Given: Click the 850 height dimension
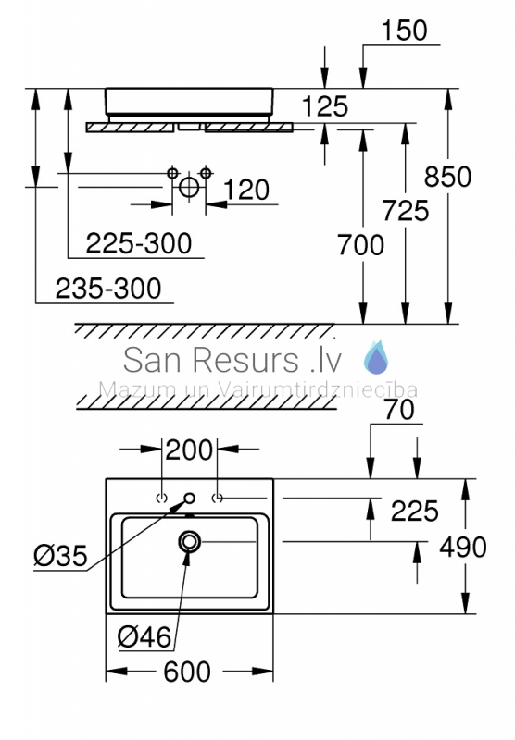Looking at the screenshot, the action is tap(447, 177).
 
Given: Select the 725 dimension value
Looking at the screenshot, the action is tap(406, 211).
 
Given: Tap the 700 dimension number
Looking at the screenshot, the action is tap(360, 245).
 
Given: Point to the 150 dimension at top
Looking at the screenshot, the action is tap(404, 31).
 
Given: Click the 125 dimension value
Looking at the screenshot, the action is tap(324, 106).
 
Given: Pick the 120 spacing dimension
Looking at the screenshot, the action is tap(245, 190).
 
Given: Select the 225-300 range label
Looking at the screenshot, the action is tap(139, 243).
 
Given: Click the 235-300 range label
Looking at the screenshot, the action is tap(108, 289).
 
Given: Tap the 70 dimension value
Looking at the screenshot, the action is tap(399, 410).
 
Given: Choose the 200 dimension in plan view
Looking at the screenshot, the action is tap(189, 450).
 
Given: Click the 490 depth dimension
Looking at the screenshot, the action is tap(462, 547).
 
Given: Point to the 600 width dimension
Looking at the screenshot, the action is tap(186, 672).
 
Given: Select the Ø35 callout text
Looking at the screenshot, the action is tap(60, 555).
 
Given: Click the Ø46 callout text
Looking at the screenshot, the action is tap(144, 637).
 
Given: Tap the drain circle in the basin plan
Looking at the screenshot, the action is tap(190, 541).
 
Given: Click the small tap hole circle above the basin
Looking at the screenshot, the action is tap(190, 498).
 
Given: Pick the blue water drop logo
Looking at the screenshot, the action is tap(377, 357).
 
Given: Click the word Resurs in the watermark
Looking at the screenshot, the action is tap(245, 360).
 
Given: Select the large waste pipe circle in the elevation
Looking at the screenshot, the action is tap(189, 187).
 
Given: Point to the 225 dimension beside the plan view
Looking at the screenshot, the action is tap(414, 511).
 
